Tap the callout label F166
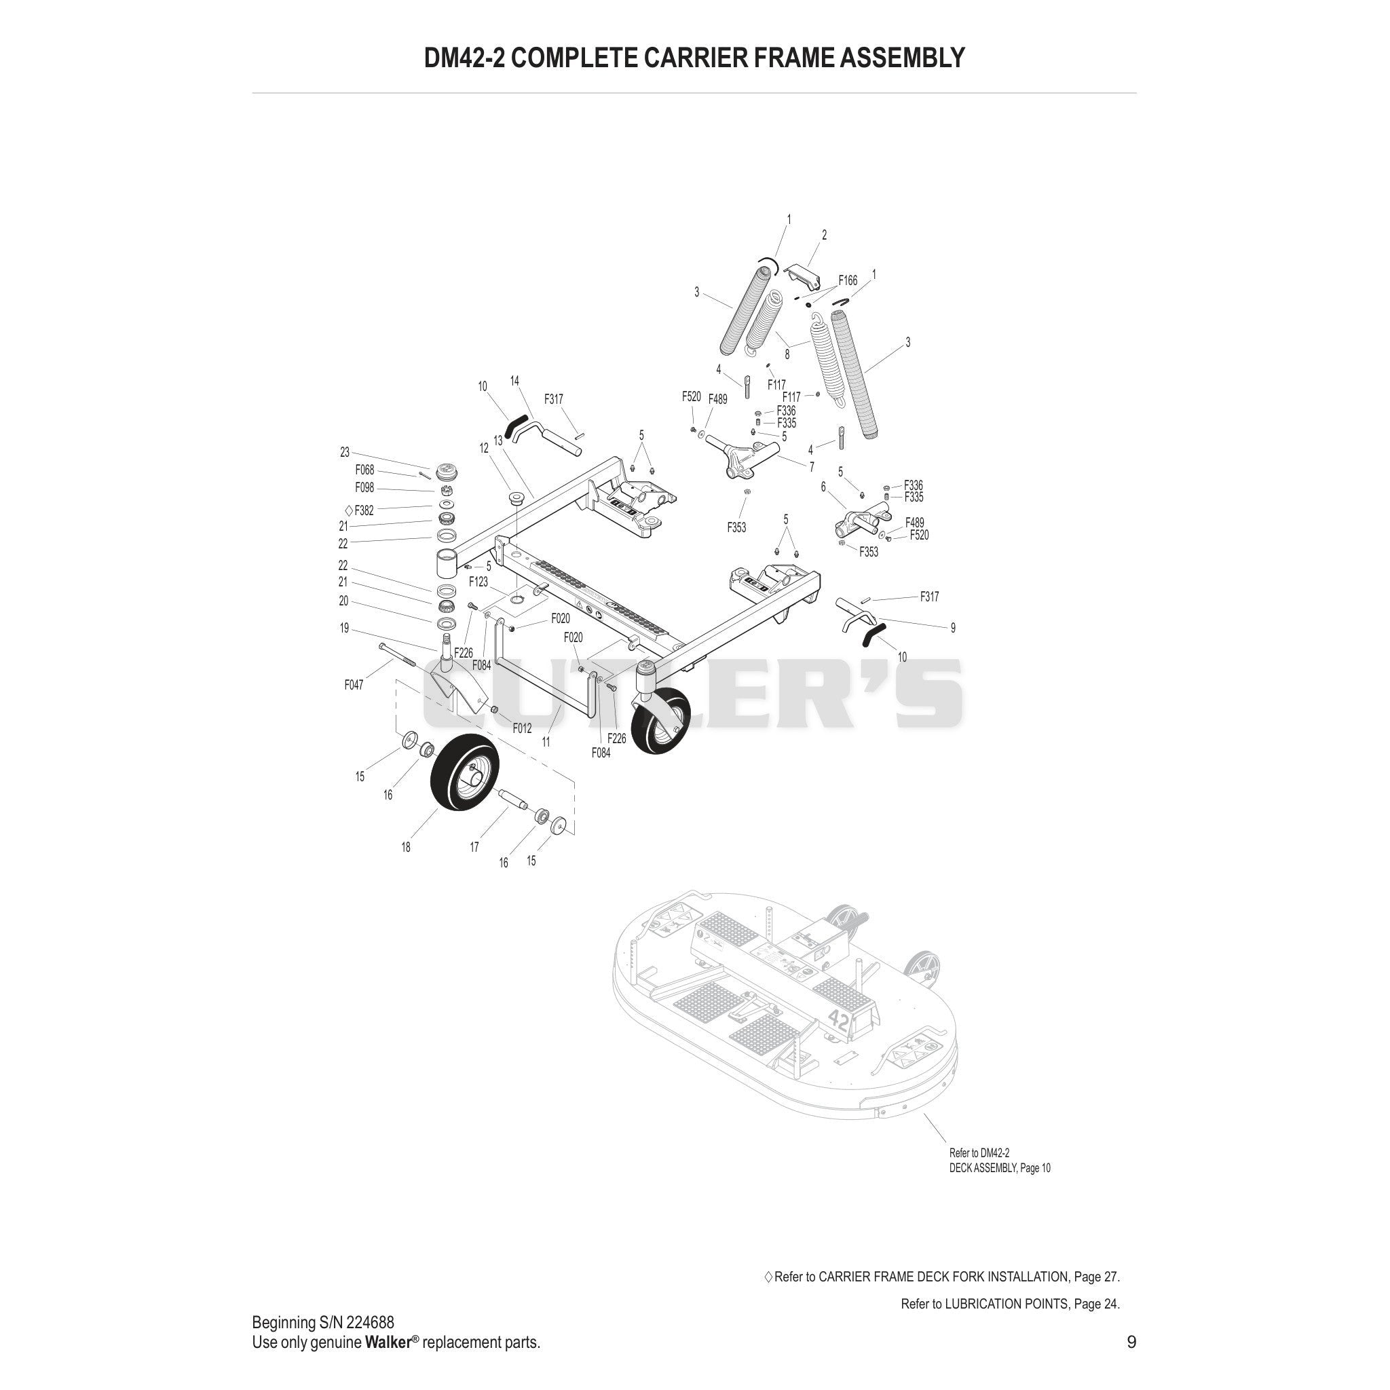848,280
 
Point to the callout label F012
522,728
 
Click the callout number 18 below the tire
406,848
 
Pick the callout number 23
345,453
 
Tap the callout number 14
514,381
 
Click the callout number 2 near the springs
824,235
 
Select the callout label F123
478,582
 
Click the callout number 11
546,742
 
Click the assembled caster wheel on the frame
660,719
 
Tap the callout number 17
474,848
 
